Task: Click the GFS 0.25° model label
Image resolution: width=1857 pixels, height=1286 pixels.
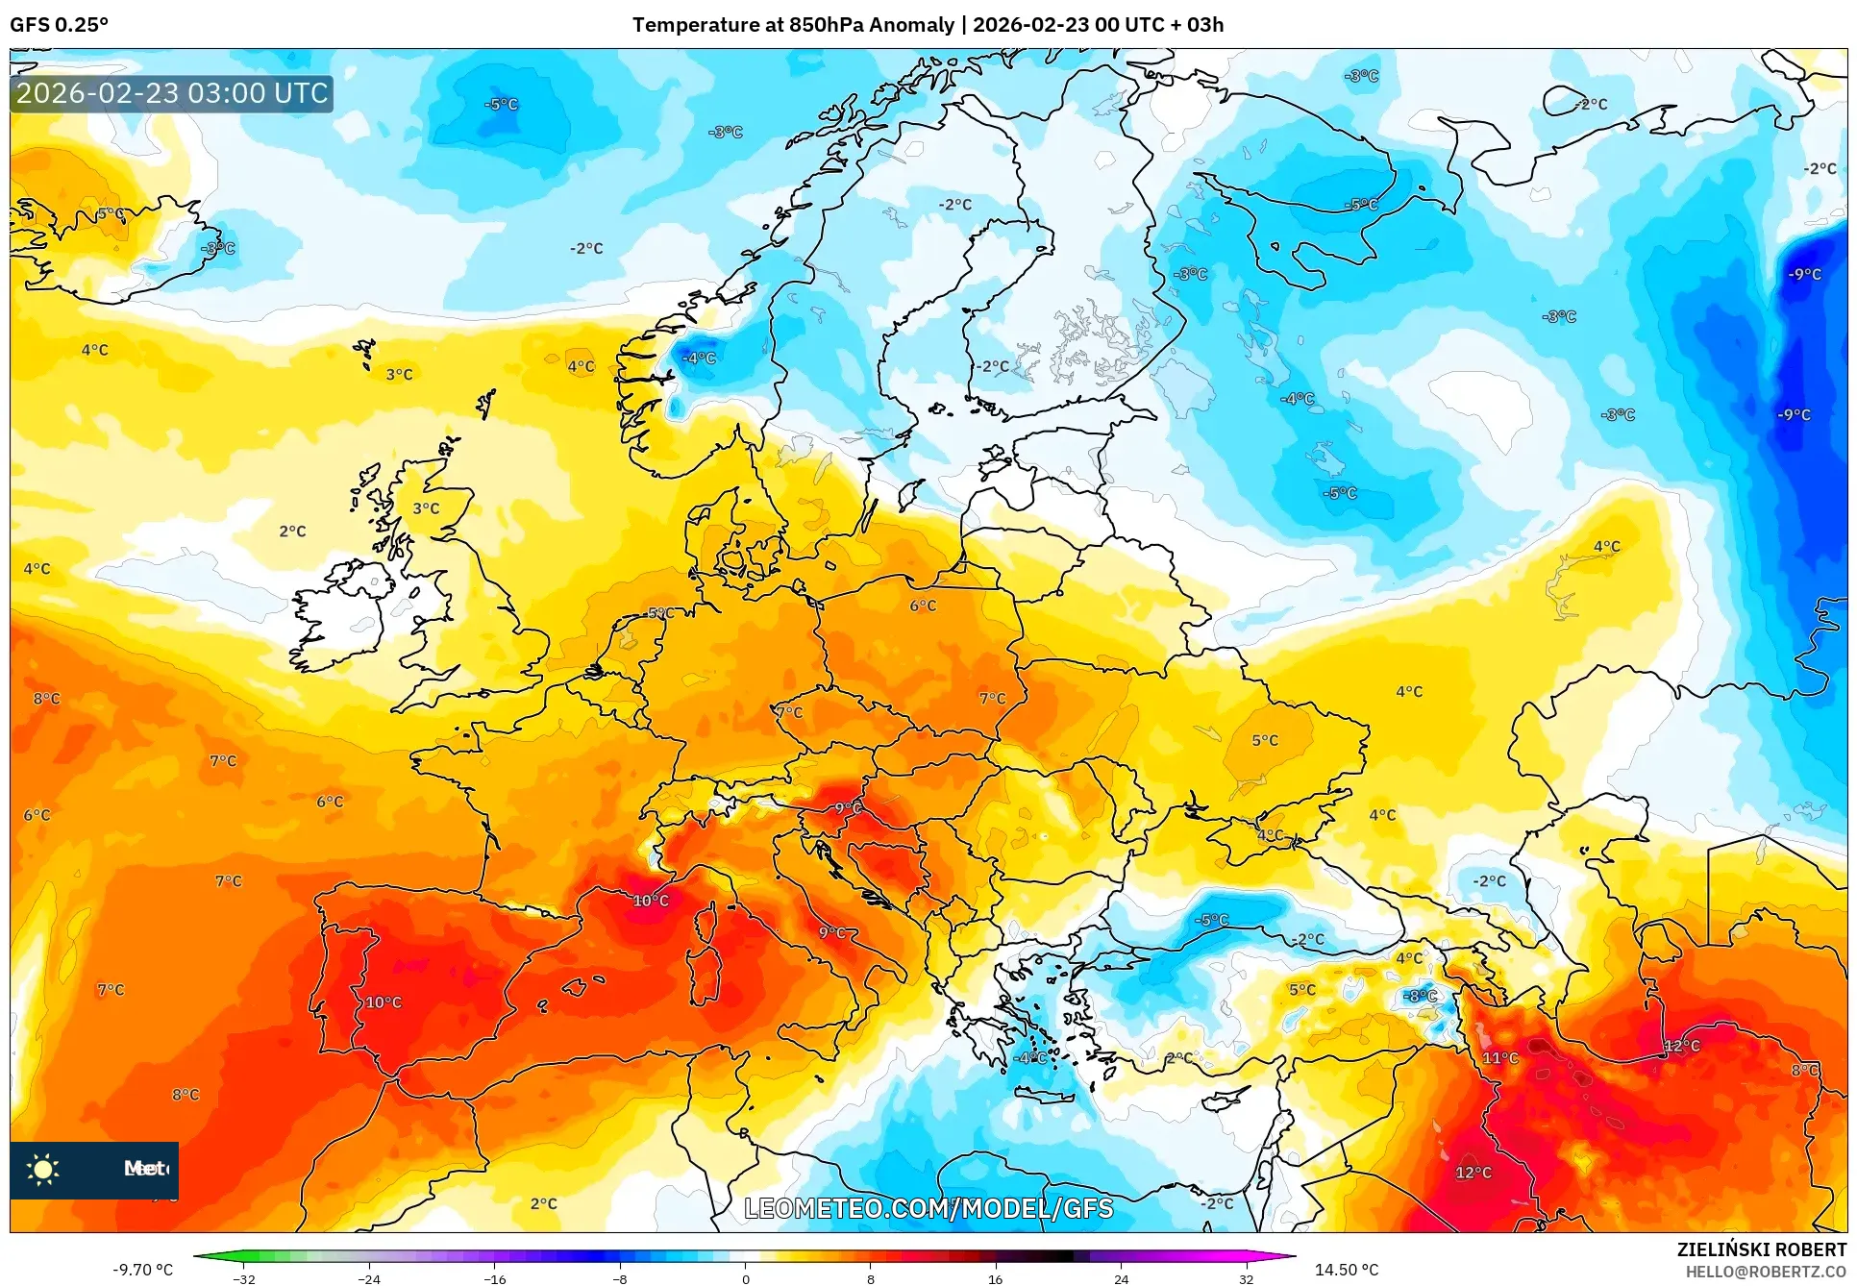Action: [59, 25]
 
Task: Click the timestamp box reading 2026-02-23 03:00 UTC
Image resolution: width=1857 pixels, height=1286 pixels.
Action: [172, 93]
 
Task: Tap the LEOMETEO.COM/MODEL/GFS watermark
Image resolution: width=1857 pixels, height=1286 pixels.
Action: [928, 1208]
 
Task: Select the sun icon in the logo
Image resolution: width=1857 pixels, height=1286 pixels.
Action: [43, 1169]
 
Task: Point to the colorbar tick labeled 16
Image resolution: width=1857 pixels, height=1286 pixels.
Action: [995, 1278]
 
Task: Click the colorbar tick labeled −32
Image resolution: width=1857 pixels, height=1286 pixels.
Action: [244, 1278]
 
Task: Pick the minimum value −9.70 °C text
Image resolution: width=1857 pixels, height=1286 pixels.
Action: [143, 1270]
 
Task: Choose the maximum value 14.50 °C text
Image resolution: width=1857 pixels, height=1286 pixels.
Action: [1346, 1270]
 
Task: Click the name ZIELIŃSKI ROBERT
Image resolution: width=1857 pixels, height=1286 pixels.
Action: [1761, 1249]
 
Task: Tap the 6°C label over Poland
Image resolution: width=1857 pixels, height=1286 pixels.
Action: [923, 606]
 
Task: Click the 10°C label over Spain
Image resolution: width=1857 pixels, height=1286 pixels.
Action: [383, 1002]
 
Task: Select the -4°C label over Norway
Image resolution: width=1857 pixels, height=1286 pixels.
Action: [699, 358]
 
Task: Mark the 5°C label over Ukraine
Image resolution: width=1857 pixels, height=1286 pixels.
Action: [1265, 740]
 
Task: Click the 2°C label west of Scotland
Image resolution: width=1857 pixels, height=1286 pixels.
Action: [292, 531]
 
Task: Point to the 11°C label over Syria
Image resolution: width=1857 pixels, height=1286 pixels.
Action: [1499, 1057]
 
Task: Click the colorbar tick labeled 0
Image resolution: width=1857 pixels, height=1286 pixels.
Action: [745, 1278]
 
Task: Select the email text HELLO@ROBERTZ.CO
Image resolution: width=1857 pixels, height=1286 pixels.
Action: [1766, 1272]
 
